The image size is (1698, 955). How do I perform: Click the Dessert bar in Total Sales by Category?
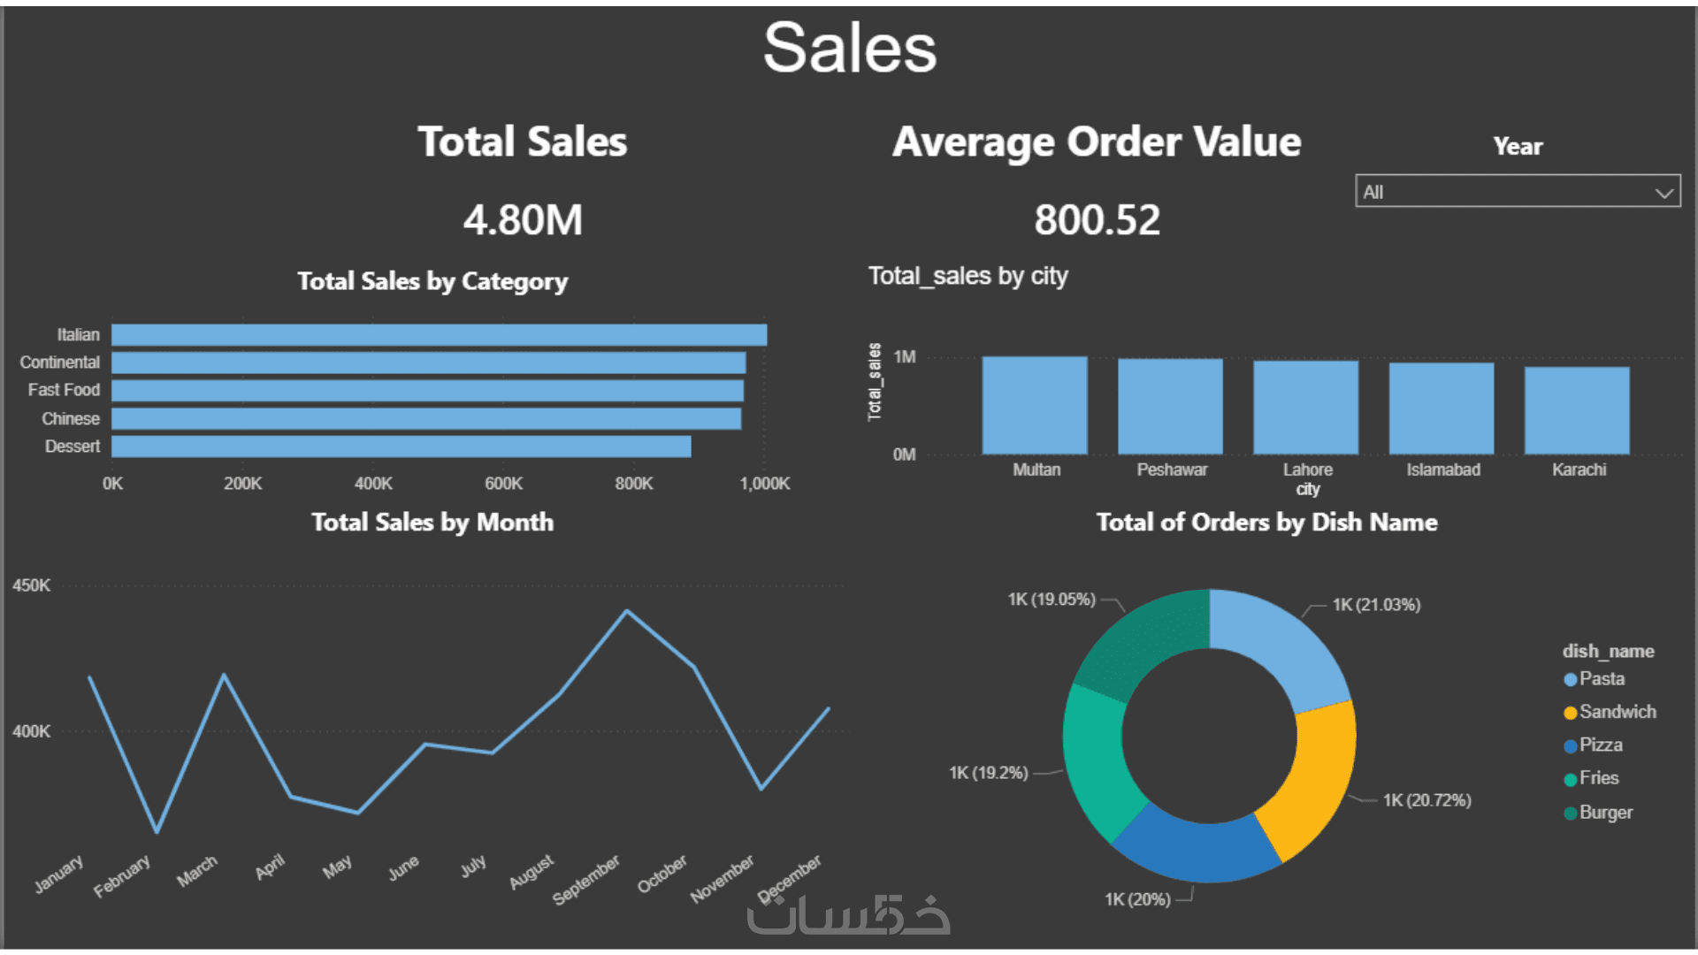(401, 447)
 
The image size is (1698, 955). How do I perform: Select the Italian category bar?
(439, 335)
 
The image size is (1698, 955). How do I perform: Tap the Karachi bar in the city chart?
(1577, 410)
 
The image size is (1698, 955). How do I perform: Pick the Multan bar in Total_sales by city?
(1035, 405)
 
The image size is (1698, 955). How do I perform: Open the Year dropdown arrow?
(1664, 193)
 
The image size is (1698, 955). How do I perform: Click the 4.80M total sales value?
(523, 220)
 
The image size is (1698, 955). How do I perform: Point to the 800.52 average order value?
(1097, 220)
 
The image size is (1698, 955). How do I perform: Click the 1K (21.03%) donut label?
(1376, 605)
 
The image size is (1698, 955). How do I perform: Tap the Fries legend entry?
(1598, 778)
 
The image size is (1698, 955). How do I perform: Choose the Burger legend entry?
(1605, 813)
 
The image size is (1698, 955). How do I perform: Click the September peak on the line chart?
(627, 611)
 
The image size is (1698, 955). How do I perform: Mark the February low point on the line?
(157, 831)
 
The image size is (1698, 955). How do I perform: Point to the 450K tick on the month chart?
(32, 585)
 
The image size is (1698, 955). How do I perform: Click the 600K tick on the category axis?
(503, 484)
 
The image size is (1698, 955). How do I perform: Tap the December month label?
(790, 876)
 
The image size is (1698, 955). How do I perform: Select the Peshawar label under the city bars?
(1172, 470)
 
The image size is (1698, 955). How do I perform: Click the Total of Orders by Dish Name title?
(1266, 523)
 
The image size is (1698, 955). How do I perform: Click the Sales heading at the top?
(849, 49)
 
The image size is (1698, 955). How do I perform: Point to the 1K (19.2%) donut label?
(988, 773)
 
